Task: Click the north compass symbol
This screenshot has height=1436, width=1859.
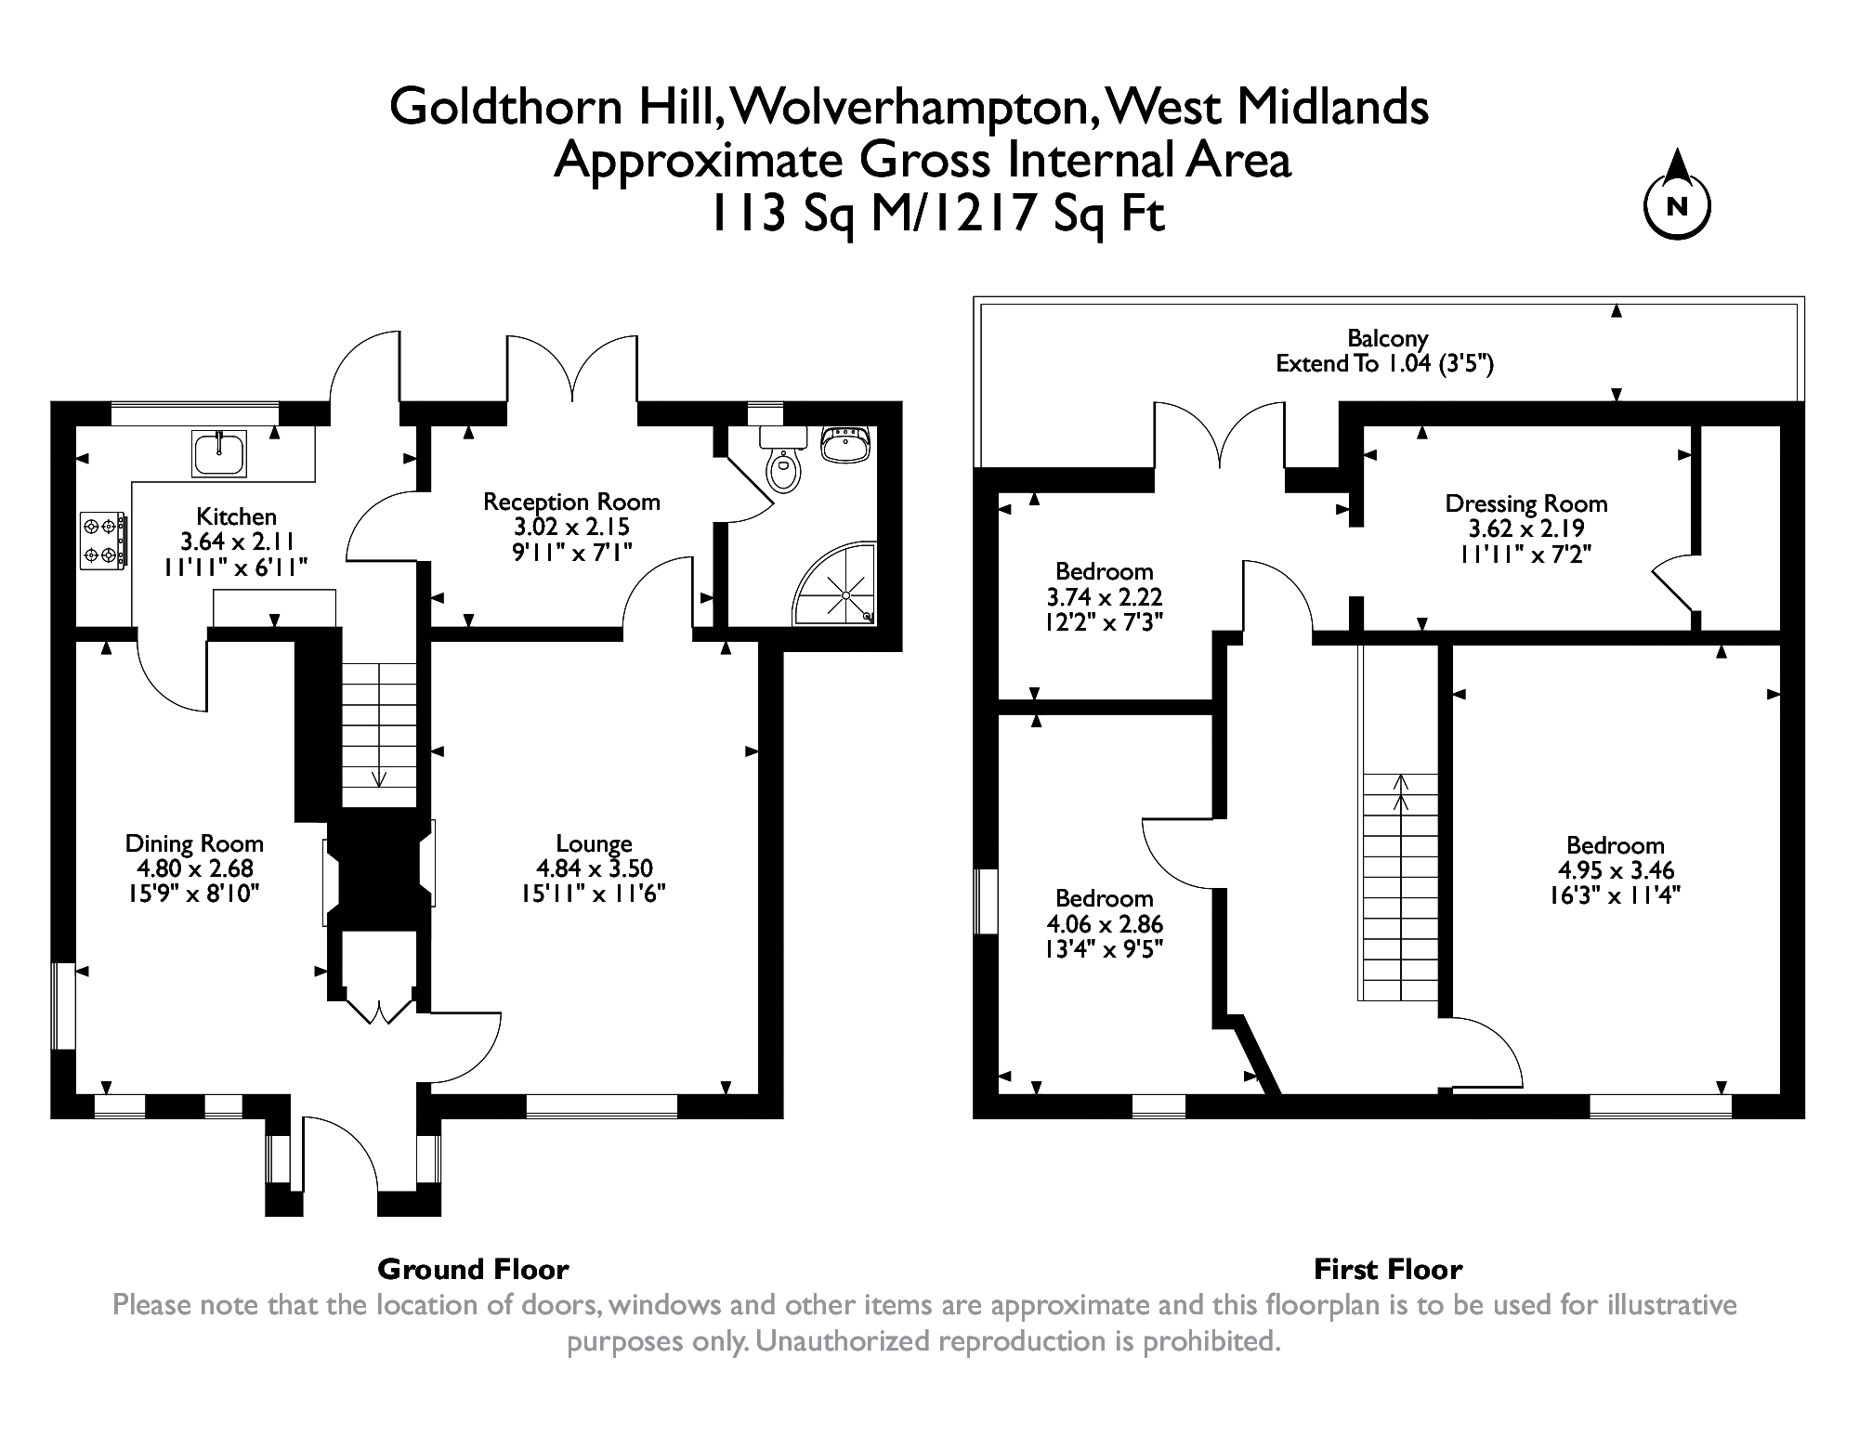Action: (x=1677, y=205)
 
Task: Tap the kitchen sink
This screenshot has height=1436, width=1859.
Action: (x=220, y=453)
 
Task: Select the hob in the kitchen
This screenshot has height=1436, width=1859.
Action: (x=103, y=542)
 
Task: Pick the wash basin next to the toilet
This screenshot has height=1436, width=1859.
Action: (x=844, y=443)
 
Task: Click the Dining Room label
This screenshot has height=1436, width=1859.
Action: (x=194, y=843)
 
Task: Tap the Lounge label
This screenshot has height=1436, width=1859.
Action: (x=594, y=843)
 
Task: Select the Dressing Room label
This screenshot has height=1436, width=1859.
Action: (x=1525, y=503)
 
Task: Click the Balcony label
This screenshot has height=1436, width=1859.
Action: (x=1388, y=338)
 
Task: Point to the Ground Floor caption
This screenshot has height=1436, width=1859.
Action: (x=473, y=1269)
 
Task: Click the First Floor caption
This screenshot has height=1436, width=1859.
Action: (x=1388, y=1269)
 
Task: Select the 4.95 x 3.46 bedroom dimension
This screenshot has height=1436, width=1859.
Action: (x=1616, y=870)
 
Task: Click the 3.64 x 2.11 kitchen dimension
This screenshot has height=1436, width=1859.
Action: (x=236, y=542)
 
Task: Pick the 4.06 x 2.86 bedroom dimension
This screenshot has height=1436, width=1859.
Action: (x=1105, y=924)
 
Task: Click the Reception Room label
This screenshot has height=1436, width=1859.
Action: (x=571, y=502)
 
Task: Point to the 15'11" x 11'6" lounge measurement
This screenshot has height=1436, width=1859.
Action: (x=594, y=894)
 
